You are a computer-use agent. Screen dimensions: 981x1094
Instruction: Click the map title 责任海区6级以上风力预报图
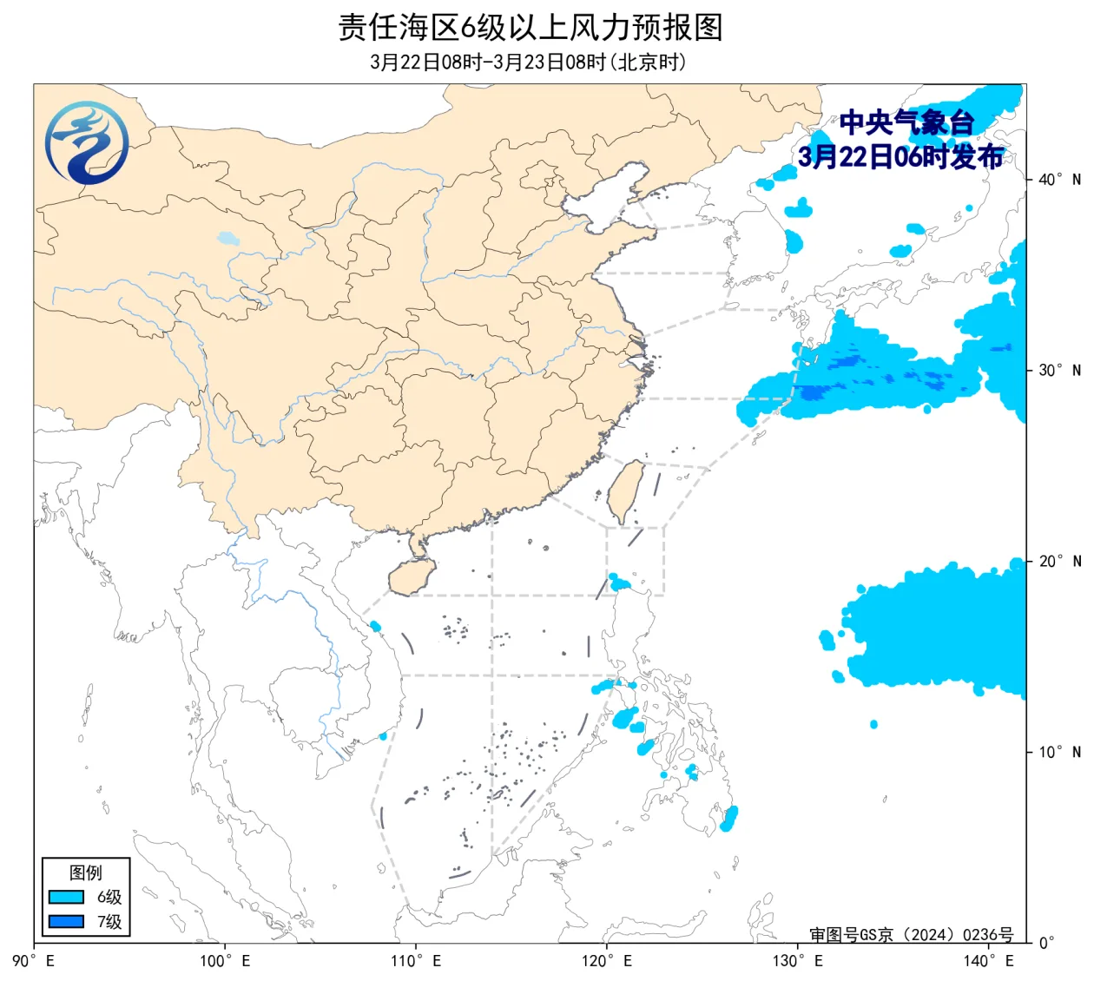click(530, 28)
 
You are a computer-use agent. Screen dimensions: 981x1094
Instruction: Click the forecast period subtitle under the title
click(528, 63)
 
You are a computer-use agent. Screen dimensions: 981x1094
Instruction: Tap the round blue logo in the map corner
click(87, 143)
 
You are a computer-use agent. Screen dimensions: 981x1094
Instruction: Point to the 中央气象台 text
click(906, 123)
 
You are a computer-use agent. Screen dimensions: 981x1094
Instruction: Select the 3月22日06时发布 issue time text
click(900, 157)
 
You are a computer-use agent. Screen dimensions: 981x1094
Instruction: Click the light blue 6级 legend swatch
click(66, 897)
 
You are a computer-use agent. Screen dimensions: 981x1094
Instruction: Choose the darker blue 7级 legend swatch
click(66, 921)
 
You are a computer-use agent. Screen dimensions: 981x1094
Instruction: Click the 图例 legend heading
click(86, 872)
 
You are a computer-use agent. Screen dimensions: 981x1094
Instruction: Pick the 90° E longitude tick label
click(35, 961)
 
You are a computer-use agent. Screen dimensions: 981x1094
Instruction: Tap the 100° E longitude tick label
click(225, 961)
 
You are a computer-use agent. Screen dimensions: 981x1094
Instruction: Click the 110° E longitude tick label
click(416, 961)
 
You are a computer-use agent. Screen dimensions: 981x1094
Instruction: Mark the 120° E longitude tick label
click(607, 961)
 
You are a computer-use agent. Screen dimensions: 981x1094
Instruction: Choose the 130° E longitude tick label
click(798, 961)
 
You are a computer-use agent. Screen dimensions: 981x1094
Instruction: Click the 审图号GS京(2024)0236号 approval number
click(911, 935)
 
